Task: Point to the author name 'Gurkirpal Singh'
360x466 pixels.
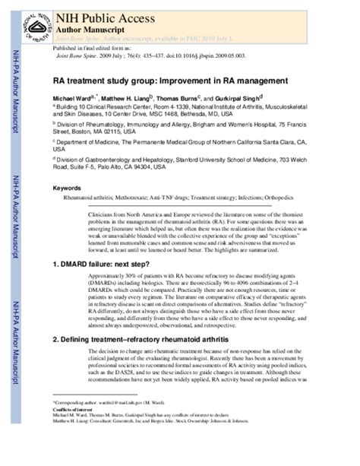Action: [236, 98]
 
